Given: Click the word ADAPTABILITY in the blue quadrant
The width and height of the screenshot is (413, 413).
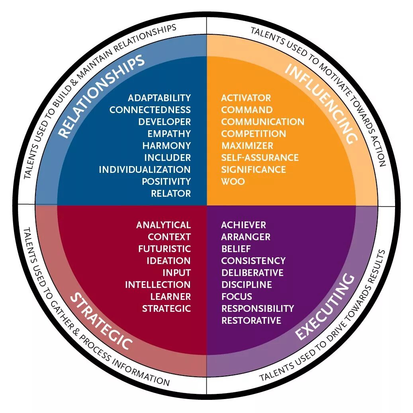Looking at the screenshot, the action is click(x=159, y=98).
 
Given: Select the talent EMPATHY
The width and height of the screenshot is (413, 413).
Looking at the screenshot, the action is click(x=169, y=134).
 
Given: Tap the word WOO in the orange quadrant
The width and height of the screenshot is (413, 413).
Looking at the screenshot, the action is click(x=233, y=182).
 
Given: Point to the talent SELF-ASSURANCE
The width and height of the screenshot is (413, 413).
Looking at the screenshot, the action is click(x=260, y=158).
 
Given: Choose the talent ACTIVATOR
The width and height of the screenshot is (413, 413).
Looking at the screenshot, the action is click(x=246, y=98).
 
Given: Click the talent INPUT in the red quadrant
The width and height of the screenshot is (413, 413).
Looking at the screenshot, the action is click(x=176, y=273).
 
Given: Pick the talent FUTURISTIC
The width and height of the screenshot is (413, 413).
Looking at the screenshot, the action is click(x=164, y=249).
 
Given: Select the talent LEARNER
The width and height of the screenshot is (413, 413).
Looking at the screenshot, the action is click(x=170, y=297).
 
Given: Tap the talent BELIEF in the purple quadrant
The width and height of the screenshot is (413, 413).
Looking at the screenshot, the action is click(x=236, y=249).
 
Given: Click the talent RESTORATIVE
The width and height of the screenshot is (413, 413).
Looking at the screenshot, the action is click(x=251, y=321).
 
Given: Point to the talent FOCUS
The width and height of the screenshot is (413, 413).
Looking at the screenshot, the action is click(x=237, y=297).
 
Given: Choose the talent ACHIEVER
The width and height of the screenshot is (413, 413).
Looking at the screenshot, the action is click(x=243, y=225).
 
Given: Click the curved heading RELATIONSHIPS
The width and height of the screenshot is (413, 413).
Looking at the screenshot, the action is click(x=101, y=95).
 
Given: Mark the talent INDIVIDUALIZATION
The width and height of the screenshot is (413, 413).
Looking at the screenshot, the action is click(x=145, y=170).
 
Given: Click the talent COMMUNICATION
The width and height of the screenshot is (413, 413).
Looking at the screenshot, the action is click(x=262, y=122).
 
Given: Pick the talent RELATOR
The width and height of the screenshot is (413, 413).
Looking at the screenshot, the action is click(x=171, y=194).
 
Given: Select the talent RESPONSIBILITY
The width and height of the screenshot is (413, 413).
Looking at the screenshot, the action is click(x=258, y=309).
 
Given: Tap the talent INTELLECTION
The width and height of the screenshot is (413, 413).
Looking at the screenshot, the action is click(x=158, y=285).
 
